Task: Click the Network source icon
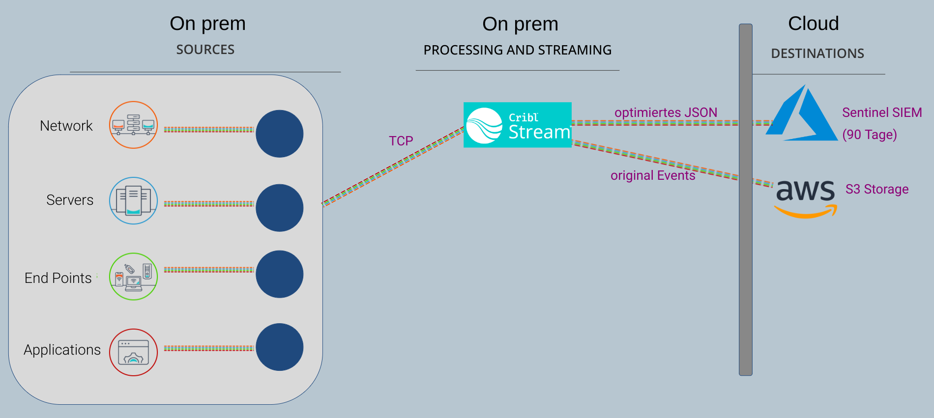click(133, 125)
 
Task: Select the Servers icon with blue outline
click(133, 200)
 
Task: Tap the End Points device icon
click(133, 277)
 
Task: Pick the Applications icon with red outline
click(133, 352)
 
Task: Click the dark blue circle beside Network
click(279, 134)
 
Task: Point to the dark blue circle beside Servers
click(279, 208)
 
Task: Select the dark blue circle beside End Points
click(279, 274)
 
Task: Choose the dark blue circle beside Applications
click(279, 347)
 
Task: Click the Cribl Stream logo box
click(517, 125)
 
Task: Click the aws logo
click(805, 196)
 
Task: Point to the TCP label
click(401, 141)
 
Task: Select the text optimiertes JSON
click(666, 112)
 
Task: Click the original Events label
click(653, 175)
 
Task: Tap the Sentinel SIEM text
click(882, 112)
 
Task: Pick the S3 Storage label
click(877, 189)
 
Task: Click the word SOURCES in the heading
click(205, 50)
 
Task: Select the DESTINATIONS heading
click(817, 54)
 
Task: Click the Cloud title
click(814, 24)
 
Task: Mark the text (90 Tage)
click(870, 135)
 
